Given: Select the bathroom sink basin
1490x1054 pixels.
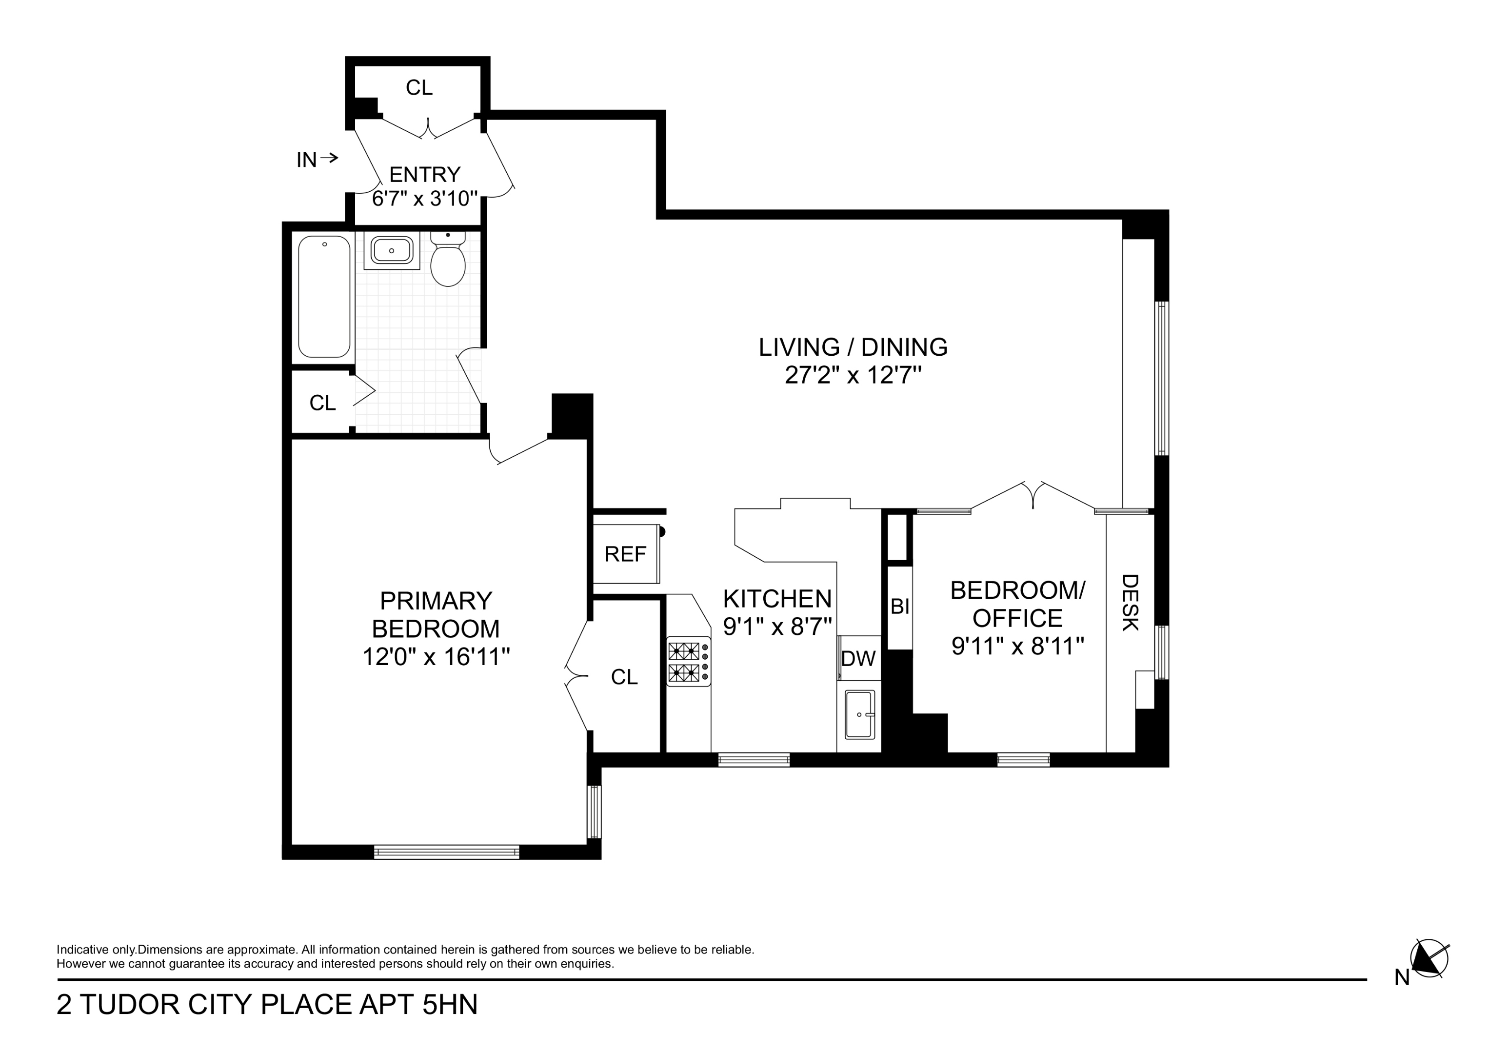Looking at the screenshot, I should (x=391, y=250).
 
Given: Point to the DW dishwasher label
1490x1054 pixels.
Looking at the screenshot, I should (x=858, y=659).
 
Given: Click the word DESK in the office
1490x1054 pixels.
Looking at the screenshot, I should (x=1130, y=602).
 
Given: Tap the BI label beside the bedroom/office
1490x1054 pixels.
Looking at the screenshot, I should (x=899, y=607).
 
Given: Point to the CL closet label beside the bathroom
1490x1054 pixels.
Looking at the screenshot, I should (x=322, y=403).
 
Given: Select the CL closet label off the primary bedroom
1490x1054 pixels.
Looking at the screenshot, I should (x=624, y=677).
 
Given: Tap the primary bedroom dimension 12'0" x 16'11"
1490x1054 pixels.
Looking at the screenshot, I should (x=436, y=657).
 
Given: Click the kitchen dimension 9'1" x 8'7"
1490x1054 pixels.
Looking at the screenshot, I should (x=777, y=627).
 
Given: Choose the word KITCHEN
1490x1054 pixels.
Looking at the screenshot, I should (x=777, y=598).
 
